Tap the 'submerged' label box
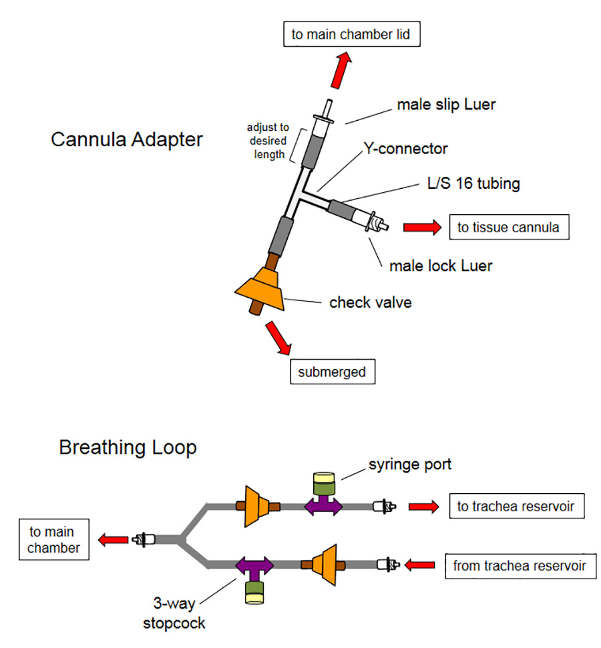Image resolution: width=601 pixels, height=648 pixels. point(332,372)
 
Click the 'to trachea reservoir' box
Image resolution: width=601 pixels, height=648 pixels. point(516,507)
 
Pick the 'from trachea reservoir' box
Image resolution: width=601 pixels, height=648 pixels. point(520,567)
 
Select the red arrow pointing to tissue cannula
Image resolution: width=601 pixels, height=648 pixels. point(422,228)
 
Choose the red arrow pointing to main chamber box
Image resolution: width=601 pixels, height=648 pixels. point(114,539)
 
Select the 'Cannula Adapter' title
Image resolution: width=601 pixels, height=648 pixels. point(127,140)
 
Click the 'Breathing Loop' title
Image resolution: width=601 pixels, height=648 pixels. point(128,446)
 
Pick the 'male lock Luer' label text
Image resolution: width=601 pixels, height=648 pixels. point(441,266)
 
